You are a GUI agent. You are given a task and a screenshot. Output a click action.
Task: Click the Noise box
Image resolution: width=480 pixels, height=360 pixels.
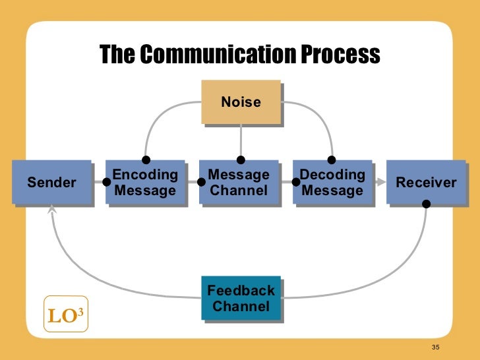[241, 102]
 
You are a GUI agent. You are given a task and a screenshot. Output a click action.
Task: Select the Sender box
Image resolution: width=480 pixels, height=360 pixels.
[52, 182]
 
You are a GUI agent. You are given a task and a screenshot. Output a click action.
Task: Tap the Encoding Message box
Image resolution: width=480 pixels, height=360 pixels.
[145, 183]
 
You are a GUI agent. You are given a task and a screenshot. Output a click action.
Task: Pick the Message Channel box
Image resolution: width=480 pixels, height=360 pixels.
[239, 183]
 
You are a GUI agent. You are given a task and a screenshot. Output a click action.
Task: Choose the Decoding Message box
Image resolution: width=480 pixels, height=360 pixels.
[332, 183]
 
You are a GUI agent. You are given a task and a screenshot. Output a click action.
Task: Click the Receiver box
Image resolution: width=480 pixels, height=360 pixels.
[426, 183]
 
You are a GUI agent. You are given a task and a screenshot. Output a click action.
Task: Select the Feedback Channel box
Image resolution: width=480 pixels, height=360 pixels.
[241, 299]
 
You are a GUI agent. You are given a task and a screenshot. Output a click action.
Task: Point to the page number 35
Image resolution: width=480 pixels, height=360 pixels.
[435, 347]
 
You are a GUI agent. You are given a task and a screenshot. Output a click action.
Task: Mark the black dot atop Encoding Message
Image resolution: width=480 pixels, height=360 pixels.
[146, 160]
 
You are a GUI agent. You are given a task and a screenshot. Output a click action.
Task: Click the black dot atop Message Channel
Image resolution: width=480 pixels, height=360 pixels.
[241, 160]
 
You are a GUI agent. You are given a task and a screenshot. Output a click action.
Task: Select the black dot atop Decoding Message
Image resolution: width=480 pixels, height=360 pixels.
[332, 160]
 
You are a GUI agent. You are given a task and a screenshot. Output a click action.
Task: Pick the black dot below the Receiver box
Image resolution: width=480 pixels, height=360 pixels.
[427, 204]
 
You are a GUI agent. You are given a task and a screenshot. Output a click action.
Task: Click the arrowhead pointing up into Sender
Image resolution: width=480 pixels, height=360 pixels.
[53, 209]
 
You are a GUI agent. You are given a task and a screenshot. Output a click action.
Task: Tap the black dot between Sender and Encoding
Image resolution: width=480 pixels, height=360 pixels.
[107, 183]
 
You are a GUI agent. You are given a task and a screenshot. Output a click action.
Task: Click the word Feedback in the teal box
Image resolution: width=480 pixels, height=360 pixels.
[241, 291]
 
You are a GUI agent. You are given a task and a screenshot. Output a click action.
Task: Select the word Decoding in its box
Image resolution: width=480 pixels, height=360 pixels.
[332, 175]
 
